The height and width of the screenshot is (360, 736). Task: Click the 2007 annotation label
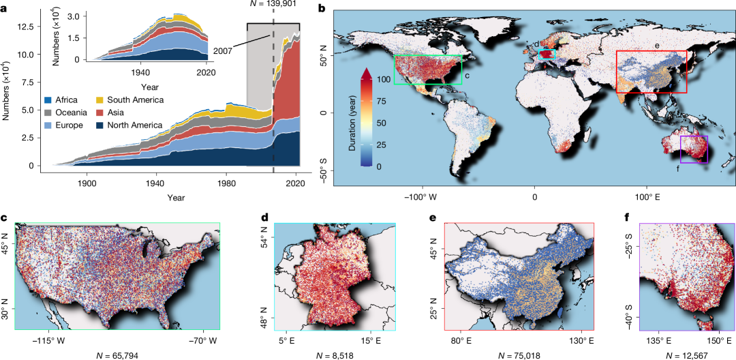222,51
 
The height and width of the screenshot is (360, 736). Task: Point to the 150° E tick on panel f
715,340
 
